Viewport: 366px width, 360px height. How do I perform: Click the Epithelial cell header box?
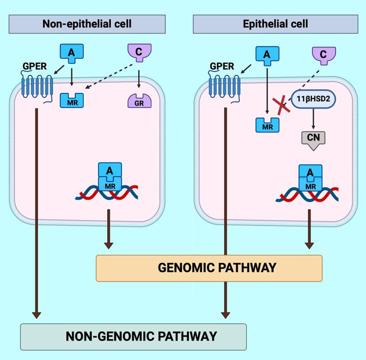pyautogui.click(x=275, y=23)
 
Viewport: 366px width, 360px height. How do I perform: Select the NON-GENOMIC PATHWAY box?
pyautogui.click(x=133, y=336)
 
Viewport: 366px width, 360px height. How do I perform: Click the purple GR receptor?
pyautogui.click(x=138, y=101)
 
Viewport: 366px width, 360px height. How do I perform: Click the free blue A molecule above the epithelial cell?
pyautogui.click(x=267, y=55)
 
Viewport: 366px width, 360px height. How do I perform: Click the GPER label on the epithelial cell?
pyautogui.click(x=220, y=66)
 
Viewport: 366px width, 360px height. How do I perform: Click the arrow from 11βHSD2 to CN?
pyautogui.click(x=312, y=120)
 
